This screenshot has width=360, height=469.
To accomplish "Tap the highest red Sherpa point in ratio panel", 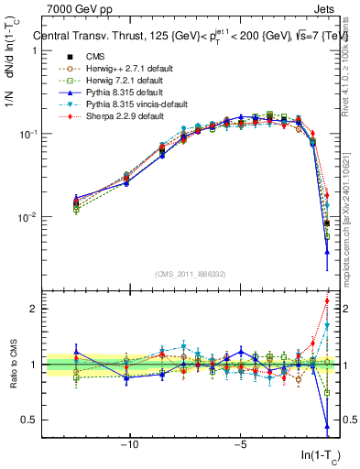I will click(x=327, y=301).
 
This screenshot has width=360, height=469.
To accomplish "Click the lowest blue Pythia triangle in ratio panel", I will click(x=327, y=425).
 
